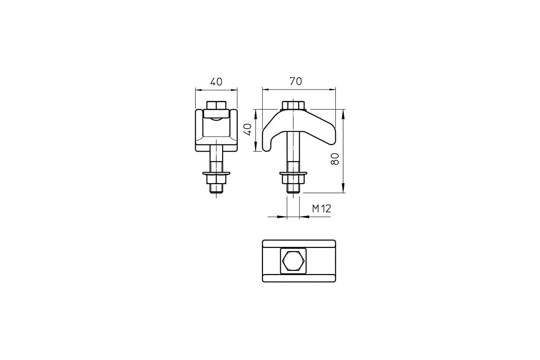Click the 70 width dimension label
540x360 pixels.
pyautogui.click(x=296, y=81)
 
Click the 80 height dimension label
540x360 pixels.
pyautogui.click(x=335, y=159)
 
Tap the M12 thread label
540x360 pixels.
pyautogui.click(x=322, y=208)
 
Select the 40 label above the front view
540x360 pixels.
pyautogui.click(x=216, y=82)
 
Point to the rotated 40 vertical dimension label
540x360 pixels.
pyautogui.click(x=248, y=129)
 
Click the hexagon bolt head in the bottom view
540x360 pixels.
pyautogui.click(x=293, y=261)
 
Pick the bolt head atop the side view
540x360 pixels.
pyautogui.click(x=293, y=105)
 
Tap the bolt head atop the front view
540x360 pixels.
pyautogui.click(x=216, y=105)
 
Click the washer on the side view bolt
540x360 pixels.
pyautogui.click(x=293, y=173)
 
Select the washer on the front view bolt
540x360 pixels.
pyautogui.click(x=216, y=173)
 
